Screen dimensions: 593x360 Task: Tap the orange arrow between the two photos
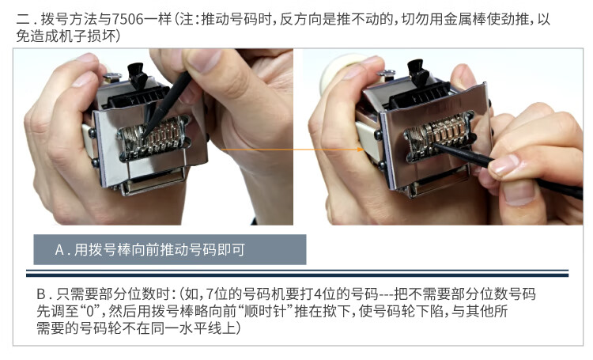coord(293,150)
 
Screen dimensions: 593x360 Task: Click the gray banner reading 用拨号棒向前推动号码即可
coord(170,249)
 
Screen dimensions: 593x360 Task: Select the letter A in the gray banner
coord(59,250)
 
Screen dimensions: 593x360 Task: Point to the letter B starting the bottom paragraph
coord(41,294)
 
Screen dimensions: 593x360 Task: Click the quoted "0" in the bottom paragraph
coord(89,311)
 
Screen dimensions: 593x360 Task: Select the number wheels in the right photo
coord(439,133)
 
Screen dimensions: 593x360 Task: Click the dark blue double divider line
coord(296,273)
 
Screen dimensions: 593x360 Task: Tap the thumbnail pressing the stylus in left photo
coord(203,61)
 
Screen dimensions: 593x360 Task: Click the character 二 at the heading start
coord(22,20)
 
